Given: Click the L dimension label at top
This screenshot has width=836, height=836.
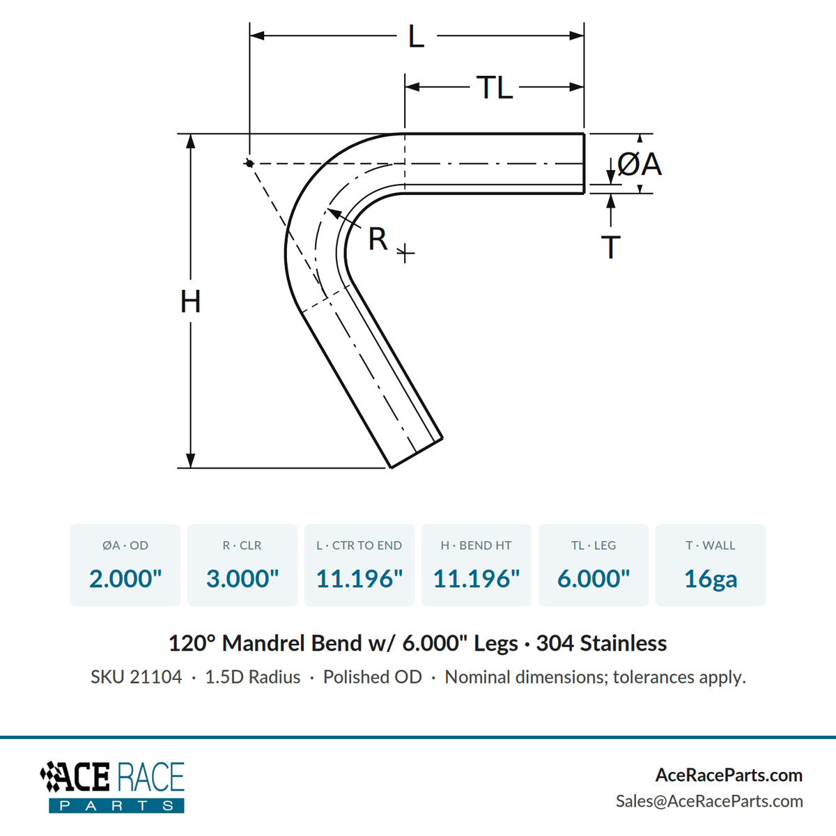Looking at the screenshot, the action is pyautogui.click(x=416, y=37).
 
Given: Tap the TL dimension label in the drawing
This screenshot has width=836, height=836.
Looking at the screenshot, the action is pyautogui.click(x=495, y=88).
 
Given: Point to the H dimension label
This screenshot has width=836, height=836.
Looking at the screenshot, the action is pyautogui.click(x=190, y=302).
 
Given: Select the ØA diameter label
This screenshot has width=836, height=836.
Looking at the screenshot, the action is pyautogui.click(x=640, y=165).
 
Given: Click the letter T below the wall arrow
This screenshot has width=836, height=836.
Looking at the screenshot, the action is pyautogui.click(x=611, y=247).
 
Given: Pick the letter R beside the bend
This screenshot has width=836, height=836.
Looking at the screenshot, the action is pyautogui.click(x=378, y=239).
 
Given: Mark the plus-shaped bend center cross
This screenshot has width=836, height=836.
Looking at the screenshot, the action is pyautogui.click(x=405, y=253).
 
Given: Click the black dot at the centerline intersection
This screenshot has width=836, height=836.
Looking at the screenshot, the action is pyautogui.click(x=249, y=164).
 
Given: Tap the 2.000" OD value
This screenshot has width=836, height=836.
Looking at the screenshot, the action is pyautogui.click(x=125, y=578).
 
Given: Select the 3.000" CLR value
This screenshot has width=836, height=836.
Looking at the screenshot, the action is pyautogui.click(x=242, y=578).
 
